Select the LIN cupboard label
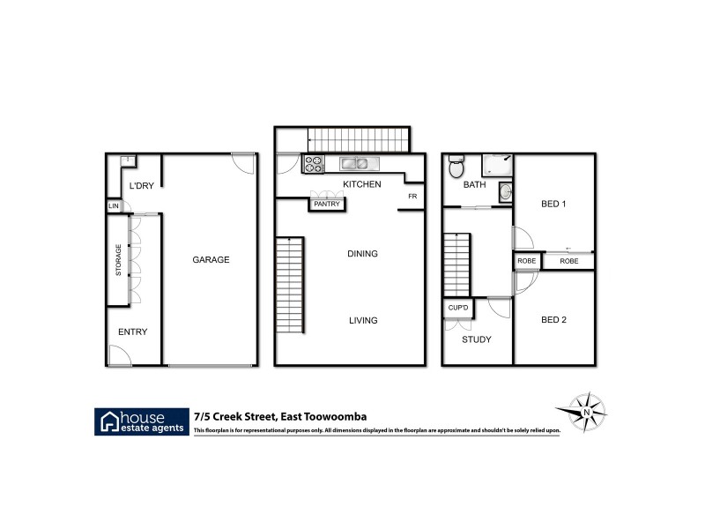coord(113,205)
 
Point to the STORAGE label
coord(118,261)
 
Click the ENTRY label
coord(132,332)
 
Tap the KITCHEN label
coord(362,184)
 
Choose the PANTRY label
coord(324,204)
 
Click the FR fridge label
coord(412,197)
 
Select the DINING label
coord(362,254)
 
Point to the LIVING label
coord(362,320)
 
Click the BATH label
coord(476,184)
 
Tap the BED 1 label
coord(553,204)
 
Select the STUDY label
coord(477,339)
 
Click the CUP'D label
coord(457,308)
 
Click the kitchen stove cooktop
coord(314,163)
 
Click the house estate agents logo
coord(142,421)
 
